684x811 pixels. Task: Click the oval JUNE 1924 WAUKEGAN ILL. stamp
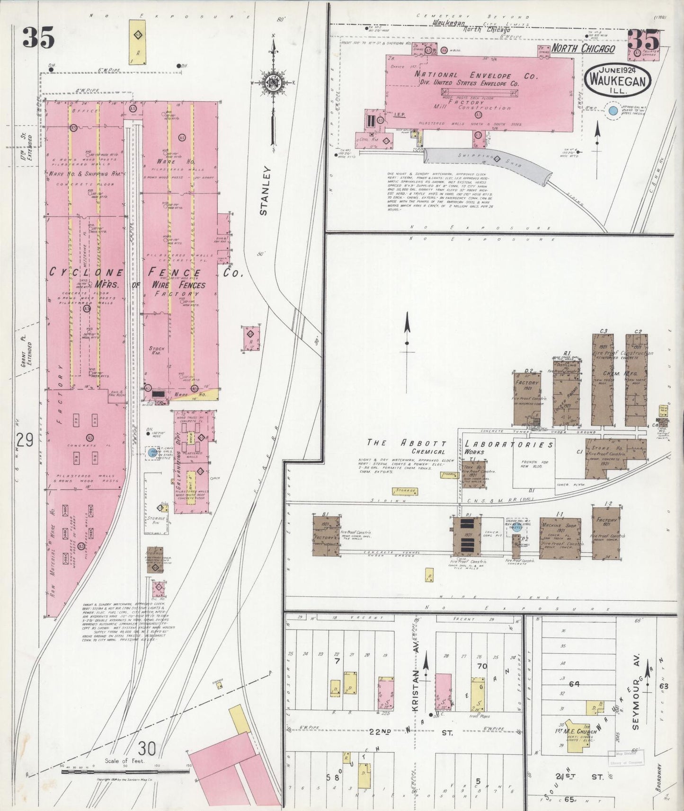click(618, 79)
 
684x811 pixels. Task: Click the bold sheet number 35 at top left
click(38, 38)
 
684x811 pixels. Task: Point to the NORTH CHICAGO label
click(583, 49)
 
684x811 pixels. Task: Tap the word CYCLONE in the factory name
click(87, 273)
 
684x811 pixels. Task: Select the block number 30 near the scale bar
click(147, 749)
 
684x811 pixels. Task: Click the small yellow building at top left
click(137, 43)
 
